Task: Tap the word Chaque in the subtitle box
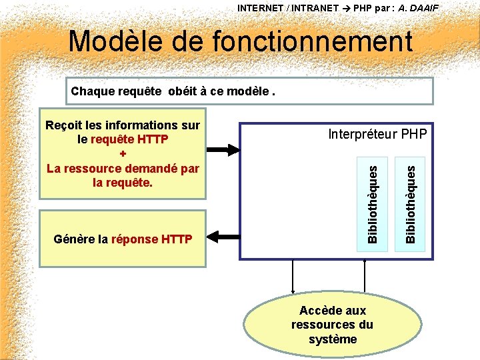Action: pos(93,91)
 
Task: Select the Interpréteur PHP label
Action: pos(377,135)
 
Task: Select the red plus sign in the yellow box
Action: pos(122,154)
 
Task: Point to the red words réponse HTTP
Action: pos(152,239)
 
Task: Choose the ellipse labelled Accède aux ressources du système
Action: pos(332,325)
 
